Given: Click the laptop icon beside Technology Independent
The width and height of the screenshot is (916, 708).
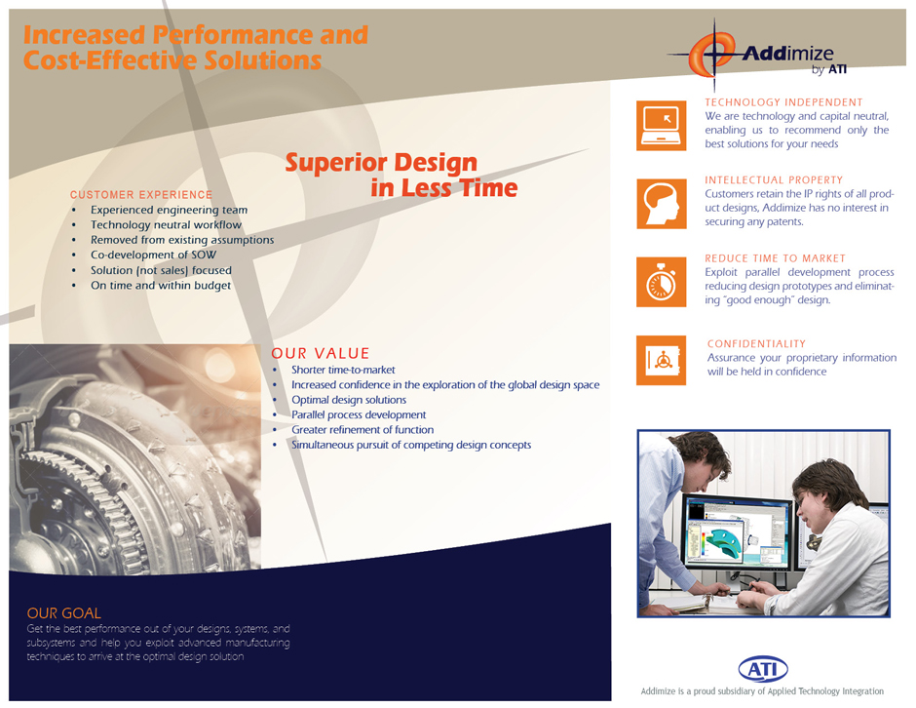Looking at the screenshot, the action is tap(662, 126).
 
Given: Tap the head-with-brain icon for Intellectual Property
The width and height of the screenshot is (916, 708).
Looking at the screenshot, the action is tap(662, 204).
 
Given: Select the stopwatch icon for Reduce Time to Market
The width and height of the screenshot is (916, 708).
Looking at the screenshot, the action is tap(662, 282).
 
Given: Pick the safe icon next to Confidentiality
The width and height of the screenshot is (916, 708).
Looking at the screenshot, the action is tap(662, 360).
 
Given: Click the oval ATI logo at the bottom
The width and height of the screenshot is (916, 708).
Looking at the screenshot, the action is tap(763, 669).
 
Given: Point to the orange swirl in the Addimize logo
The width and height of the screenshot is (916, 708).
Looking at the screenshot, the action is tap(711, 54).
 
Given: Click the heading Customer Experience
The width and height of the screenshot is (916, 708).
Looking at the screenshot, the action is tap(141, 195).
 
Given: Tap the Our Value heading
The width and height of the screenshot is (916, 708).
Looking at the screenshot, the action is tap(321, 353).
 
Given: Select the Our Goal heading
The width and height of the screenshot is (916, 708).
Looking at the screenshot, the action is tap(63, 613).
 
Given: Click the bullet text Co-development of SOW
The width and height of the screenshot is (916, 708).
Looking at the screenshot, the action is tap(153, 255).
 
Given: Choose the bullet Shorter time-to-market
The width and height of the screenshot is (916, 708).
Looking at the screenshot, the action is tap(343, 370).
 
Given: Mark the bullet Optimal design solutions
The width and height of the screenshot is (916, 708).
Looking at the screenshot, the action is tap(349, 400).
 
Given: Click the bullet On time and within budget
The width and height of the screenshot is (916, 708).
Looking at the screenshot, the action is tap(161, 286).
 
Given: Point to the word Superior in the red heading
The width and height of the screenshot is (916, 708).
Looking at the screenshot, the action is tap(331, 162).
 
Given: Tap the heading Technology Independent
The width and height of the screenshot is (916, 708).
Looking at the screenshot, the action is tap(783, 102).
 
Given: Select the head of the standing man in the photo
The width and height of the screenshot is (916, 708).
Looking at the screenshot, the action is tap(700, 459).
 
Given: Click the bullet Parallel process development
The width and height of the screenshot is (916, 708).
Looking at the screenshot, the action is tap(359, 414).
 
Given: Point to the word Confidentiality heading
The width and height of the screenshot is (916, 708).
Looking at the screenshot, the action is tap(756, 344).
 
